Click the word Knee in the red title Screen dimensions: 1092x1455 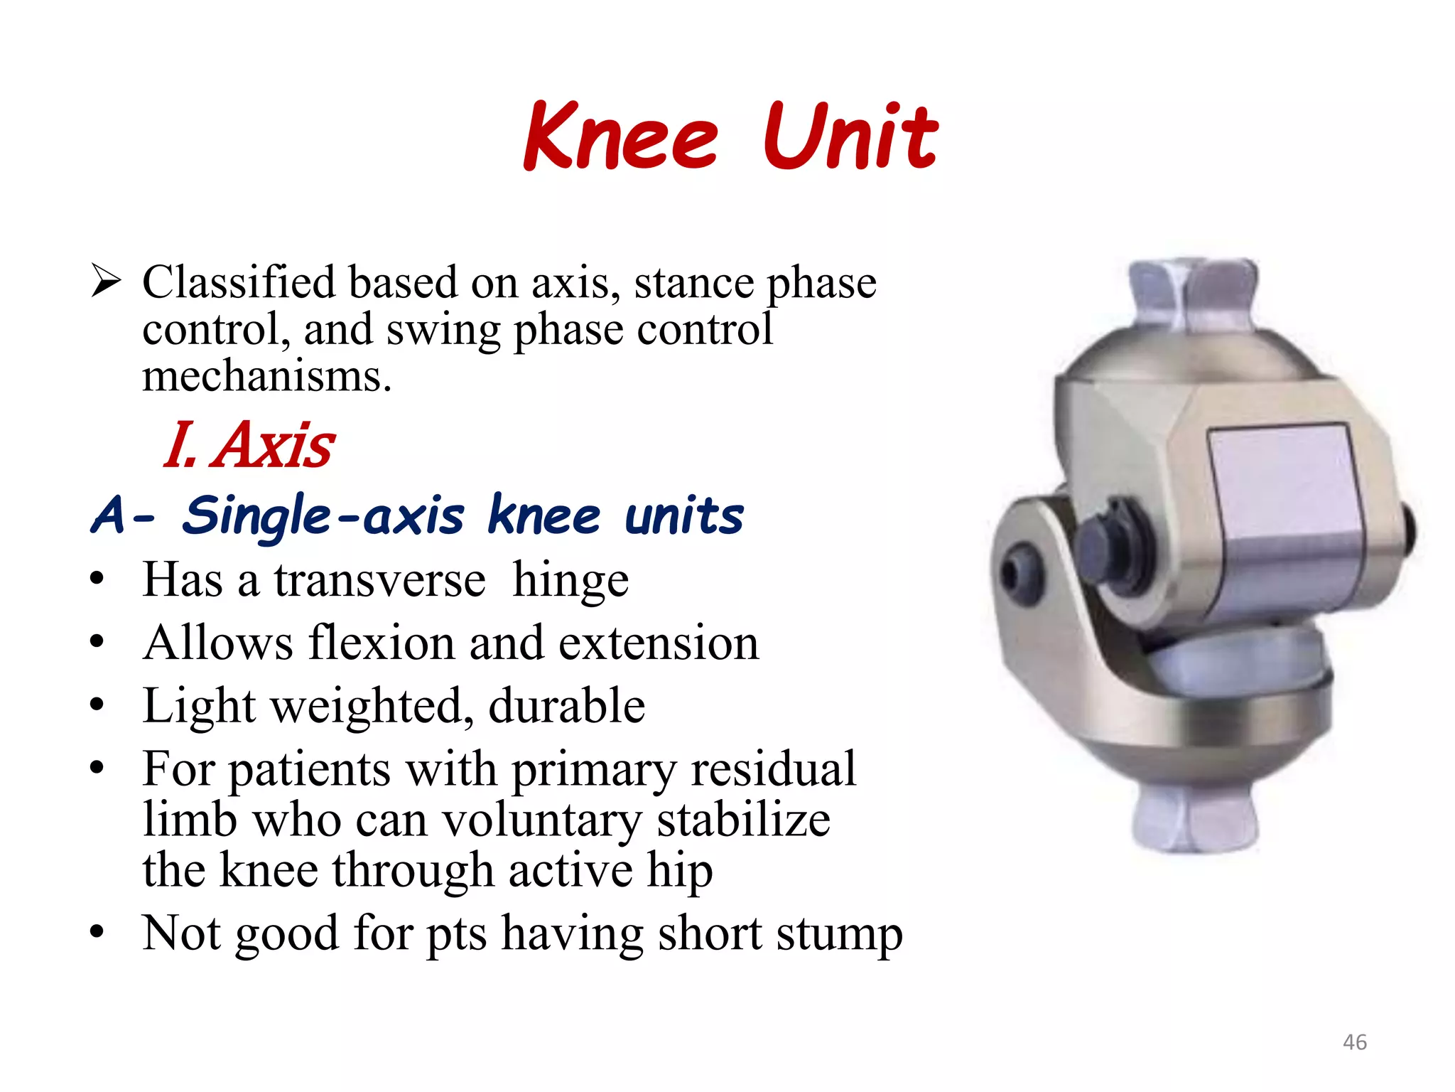[621, 136]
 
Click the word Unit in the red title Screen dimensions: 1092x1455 [850, 136]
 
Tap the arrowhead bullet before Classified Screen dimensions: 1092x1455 [106, 282]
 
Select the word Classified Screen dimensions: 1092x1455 [238, 282]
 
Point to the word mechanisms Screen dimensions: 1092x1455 [266, 376]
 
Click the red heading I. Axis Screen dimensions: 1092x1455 [249, 445]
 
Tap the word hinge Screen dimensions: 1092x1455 [570, 581]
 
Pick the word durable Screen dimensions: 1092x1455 [566, 706]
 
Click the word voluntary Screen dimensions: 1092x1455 [541, 820]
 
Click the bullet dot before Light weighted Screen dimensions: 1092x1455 [97, 706]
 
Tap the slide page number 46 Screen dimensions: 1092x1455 [1354, 1042]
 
